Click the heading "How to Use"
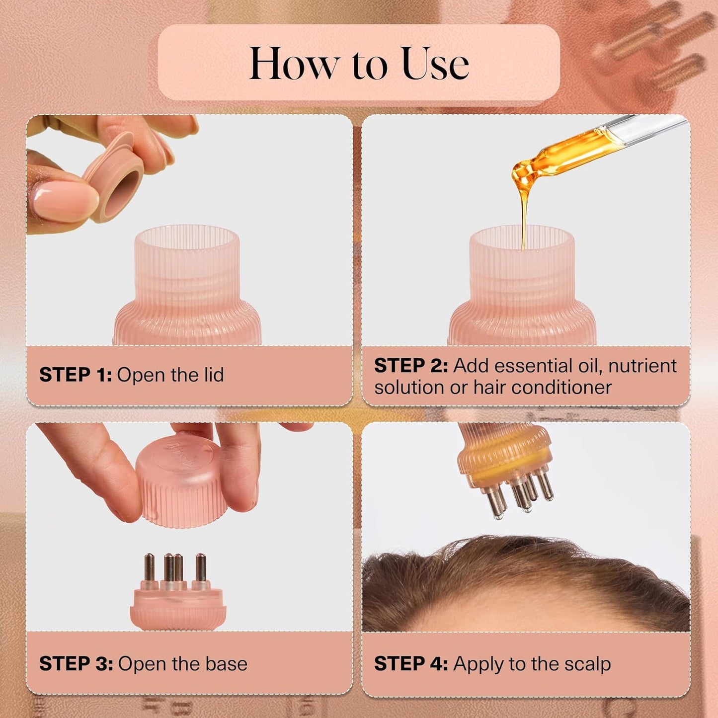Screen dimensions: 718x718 (359, 64)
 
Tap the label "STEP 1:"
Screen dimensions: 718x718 (76, 375)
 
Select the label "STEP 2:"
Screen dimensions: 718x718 (411, 366)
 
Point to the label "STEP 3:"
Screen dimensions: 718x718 (76, 664)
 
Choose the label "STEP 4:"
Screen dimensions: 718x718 (411, 664)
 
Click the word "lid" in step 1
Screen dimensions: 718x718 (213, 375)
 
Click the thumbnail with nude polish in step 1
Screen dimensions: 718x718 (65, 199)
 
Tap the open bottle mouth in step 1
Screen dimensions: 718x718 (187, 239)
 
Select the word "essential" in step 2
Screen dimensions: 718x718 (535, 366)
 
